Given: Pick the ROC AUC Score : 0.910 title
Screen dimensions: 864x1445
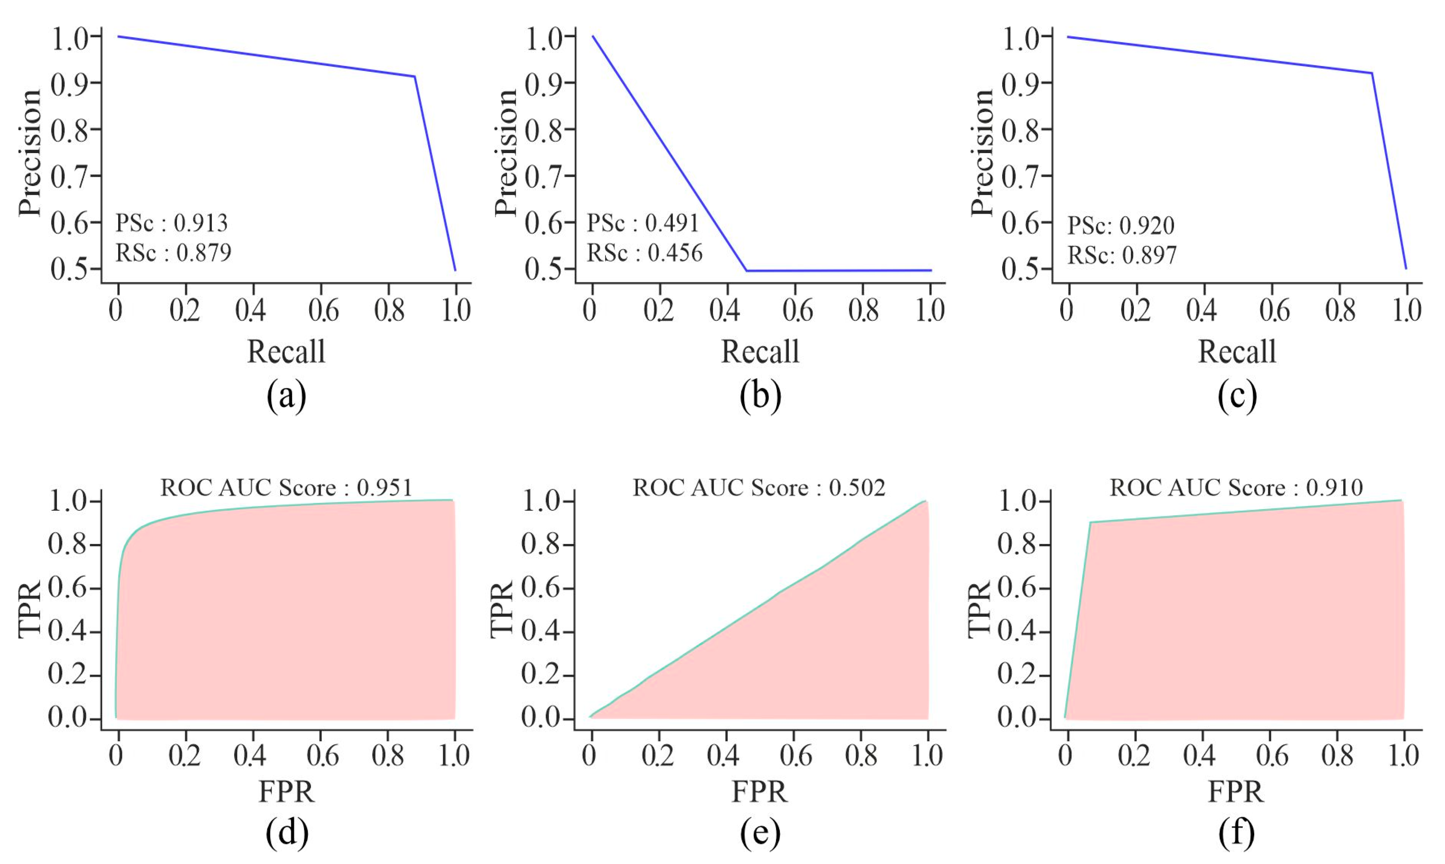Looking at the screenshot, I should tap(1236, 487).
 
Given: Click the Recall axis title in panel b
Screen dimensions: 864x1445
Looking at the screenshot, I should tap(760, 352).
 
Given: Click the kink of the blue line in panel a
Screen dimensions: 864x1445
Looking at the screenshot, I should tap(414, 76).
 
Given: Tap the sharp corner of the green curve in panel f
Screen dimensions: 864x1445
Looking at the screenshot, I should tap(1090, 522).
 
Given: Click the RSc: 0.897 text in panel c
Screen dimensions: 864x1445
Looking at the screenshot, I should tap(1121, 255).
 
